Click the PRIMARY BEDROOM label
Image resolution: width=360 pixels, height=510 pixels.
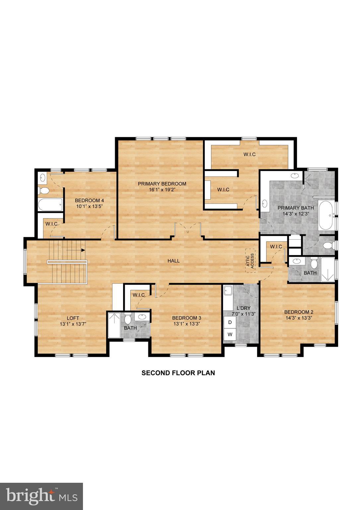click(x=162, y=184)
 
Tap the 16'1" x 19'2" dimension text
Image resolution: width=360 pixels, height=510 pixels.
click(x=162, y=190)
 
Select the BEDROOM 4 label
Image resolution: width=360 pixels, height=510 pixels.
click(x=89, y=200)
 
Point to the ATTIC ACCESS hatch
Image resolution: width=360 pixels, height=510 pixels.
click(x=251, y=261)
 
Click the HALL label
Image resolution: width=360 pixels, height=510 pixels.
click(x=173, y=261)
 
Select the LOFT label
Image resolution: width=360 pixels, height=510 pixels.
click(x=73, y=318)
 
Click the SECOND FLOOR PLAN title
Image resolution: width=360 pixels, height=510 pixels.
click(x=178, y=373)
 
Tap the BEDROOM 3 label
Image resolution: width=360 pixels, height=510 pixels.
click(x=186, y=318)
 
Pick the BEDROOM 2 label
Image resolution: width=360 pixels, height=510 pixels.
click(x=299, y=312)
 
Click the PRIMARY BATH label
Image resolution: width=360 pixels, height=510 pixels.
click(x=295, y=208)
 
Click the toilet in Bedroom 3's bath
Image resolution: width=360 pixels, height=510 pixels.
click(x=128, y=319)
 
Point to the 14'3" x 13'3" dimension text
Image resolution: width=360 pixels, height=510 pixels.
click(x=299, y=318)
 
